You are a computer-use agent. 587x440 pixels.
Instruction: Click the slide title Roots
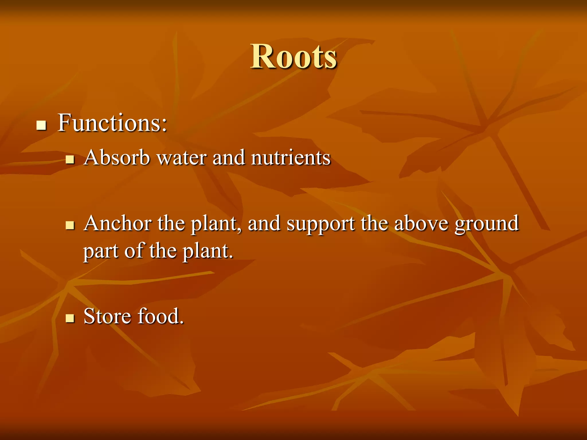293,56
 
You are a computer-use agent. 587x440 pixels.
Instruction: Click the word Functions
109,123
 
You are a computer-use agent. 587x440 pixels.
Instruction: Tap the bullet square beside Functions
42,125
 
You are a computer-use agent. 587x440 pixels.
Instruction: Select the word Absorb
117,158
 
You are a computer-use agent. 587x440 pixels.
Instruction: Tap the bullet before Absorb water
70,159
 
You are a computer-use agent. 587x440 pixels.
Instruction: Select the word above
421,223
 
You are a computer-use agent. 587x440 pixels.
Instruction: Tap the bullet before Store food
70,318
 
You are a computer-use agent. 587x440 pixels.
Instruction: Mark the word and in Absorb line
229,158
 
